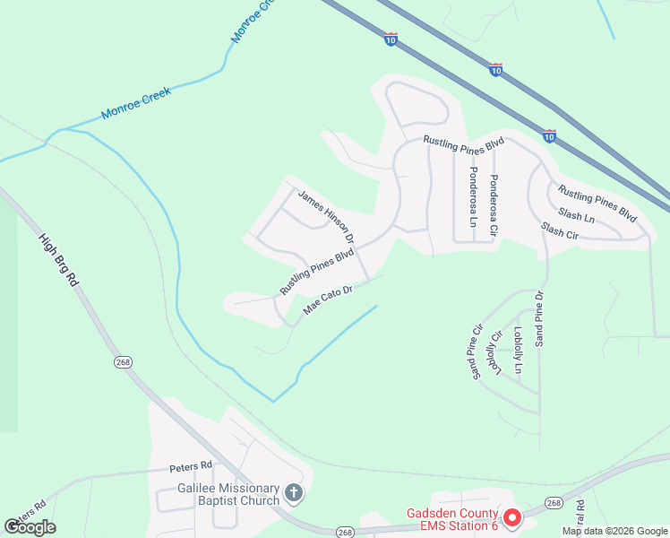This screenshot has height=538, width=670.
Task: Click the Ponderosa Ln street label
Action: coord(473,196)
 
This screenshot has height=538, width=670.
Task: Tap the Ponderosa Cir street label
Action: coord(493,205)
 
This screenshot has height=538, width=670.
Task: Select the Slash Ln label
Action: coord(576,216)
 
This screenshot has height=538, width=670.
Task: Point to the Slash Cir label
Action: coord(560,231)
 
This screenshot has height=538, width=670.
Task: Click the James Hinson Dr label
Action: coord(326,216)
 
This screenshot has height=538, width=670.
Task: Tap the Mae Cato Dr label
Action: coord(329,299)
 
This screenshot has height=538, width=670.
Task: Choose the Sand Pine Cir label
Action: coord(474,351)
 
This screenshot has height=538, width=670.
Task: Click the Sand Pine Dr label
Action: coord(538,318)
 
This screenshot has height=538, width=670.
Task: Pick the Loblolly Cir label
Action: coord(495,353)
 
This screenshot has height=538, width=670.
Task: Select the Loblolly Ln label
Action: coord(518,350)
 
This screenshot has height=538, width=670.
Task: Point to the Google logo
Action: coord(30,527)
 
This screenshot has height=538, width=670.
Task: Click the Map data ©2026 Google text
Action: coord(614,531)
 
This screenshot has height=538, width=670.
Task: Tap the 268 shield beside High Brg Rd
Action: coord(123,360)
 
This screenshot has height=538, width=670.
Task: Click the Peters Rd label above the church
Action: coord(191,466)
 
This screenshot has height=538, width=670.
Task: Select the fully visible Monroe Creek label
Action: coord(135,105)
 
